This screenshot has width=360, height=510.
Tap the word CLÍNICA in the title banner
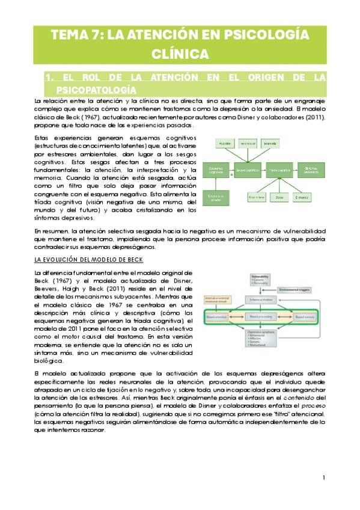180,54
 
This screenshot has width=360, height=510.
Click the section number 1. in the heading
50,78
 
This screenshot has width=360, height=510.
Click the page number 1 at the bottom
323,478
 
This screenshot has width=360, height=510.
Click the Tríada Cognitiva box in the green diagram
278,171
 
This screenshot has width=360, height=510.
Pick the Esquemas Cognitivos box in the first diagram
212,171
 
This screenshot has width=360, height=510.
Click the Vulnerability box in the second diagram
261,280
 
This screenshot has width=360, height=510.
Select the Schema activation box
261,299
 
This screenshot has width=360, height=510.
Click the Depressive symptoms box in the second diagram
261,338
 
